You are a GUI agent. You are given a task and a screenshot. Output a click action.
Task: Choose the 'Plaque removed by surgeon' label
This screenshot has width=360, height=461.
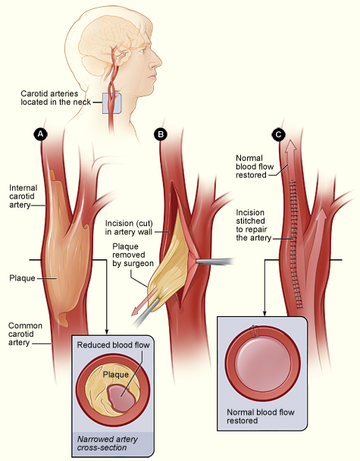click(x=133, y=255)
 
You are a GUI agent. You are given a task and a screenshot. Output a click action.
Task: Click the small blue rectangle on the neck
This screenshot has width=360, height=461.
click(x=111, y=104)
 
